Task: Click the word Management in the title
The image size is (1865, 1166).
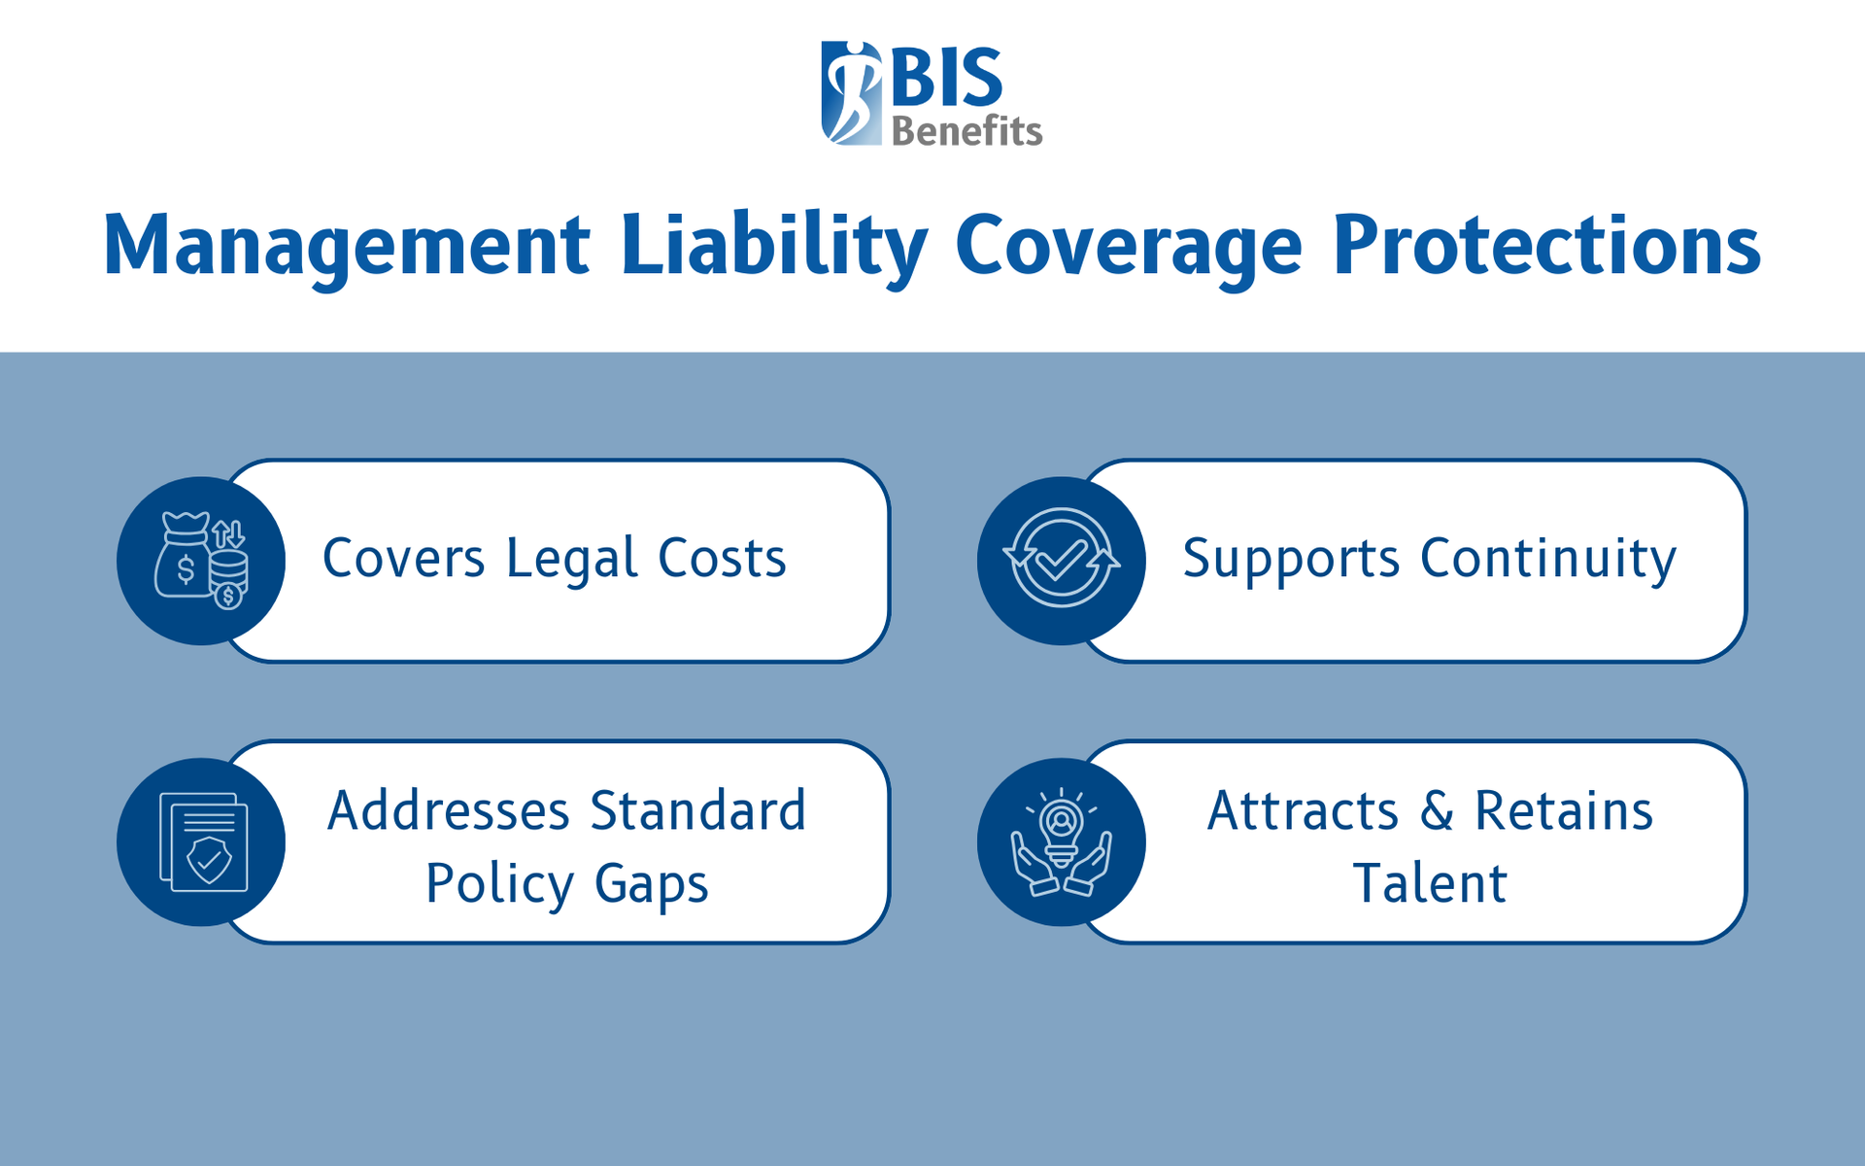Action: pyautogui.click(x=346, y=245)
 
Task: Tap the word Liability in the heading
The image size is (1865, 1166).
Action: pyautogui.click(x=773, y=245)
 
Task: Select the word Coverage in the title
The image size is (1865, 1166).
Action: pyautogui.click(x=1128, y=245)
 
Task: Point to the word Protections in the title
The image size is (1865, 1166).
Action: pyautogui.click(x=1545, y=245)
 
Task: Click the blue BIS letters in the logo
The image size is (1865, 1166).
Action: pyautogui.click(x=945, y=78)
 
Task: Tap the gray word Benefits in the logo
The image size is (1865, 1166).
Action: pyautogui.click(x=966, y=131)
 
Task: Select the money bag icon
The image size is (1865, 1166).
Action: pyautogui.click(x=201, y=561)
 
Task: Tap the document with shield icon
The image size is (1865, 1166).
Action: pyautogui.click(x=203, y=841)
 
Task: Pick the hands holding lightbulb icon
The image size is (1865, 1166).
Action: pyautogui.click(x=1061, y=841)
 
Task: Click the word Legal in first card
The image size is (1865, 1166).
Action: pyautogui.click(x=571, y=559)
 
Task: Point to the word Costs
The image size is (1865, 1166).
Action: pyautogui.click(x=722, y=559)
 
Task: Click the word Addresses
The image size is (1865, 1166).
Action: pyautogui.click(x=448, y=811)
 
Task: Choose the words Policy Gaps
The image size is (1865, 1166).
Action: pyautogui.click(x=567, y=884)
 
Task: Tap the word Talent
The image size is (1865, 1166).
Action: pyautogui.click(x=1430, y=884)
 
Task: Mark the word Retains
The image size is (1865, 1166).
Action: pyautogui.click(x=1564, y=811)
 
